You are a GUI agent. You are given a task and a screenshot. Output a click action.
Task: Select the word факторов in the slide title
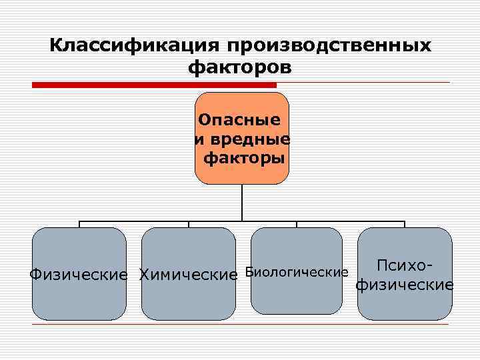(240, 67)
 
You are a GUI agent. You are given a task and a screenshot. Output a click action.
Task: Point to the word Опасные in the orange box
(239, 121)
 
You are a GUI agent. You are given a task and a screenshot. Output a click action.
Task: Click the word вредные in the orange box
(248, 140)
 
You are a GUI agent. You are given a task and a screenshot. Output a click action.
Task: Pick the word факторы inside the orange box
(244, 158)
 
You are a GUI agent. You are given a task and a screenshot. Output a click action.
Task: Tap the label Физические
(79, 274)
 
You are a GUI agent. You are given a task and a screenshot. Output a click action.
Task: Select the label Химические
(188, 274)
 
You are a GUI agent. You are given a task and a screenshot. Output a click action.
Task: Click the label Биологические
(297, 272)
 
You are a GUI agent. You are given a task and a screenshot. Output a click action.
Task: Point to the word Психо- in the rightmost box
(405, 265)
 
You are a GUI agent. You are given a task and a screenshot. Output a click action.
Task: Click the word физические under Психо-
(405, 285)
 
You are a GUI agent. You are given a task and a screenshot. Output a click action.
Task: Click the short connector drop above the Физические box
(79, 224)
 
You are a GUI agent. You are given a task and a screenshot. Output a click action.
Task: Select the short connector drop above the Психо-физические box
(405, 224)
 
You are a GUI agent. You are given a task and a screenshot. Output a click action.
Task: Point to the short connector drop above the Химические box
(188, 224)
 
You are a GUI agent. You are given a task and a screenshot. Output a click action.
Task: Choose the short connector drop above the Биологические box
(297, 224)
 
